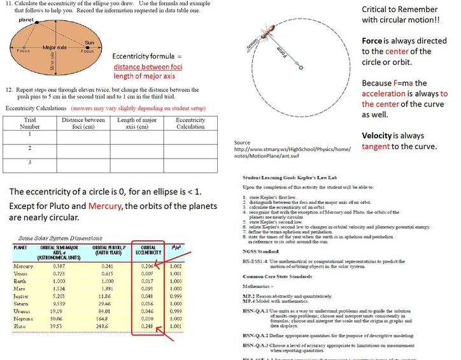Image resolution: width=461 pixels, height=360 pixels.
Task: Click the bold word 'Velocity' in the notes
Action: (x=380, y=136)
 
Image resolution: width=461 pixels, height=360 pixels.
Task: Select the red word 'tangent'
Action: (x=381, y=147)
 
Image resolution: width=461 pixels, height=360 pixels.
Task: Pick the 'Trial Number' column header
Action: (x=30, y=123)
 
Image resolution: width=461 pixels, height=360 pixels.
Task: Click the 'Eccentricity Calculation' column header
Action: (x=190, y=123)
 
